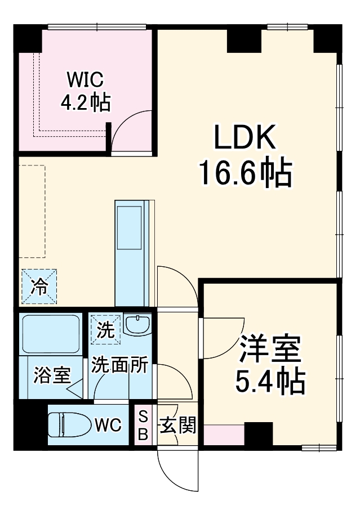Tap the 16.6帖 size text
click(244, 174)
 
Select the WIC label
click(85, 78)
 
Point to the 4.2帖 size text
click(85, 102)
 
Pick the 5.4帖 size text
click(269, 382)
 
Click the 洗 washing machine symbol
click(105, 329)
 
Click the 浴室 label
click(52, 375)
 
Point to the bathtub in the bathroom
click(51, 334)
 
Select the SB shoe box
click(143, 425)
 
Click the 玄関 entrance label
click(177, 426)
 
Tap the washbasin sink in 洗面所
click(137, 324)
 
